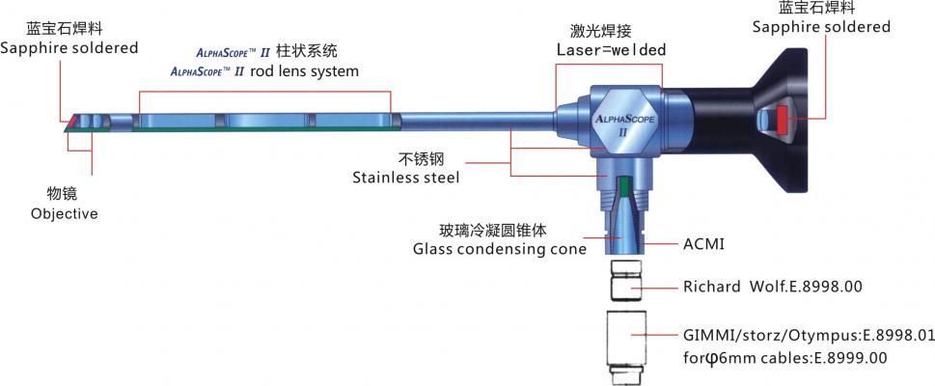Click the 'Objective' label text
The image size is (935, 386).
click(65, 213)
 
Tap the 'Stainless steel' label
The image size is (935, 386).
click(405, 178)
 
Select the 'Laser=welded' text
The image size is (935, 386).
click(611, 49)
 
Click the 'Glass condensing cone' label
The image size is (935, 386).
click(500, 249)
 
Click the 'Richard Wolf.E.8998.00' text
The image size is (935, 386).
click(772, 288)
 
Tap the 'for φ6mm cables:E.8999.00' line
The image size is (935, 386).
click(784, 358)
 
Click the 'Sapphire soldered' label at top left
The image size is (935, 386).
click(69, 47)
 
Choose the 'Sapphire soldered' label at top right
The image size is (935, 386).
click(821, 27)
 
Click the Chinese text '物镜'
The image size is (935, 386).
click(64, 194)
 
